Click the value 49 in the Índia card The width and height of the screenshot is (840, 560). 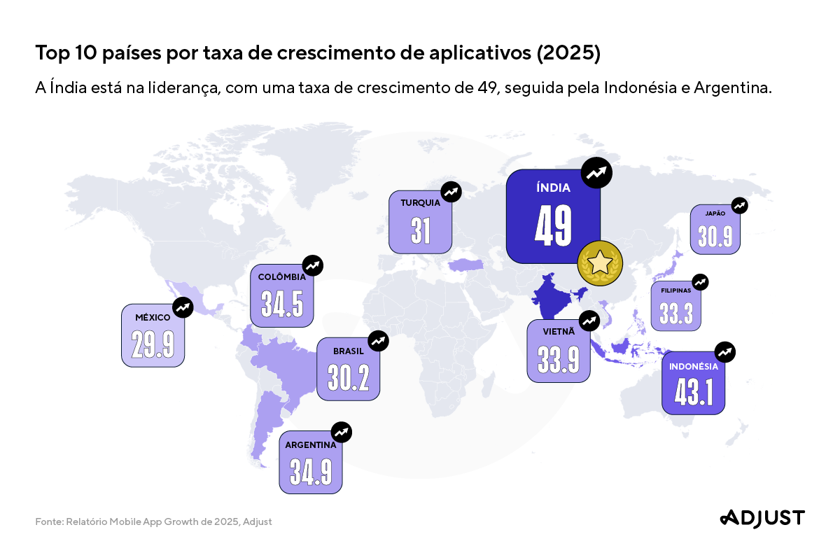[553, 225]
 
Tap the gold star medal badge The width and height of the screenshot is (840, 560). [600, 263]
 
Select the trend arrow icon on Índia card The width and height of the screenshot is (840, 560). [596, 173]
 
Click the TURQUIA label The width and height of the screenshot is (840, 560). [420, 203]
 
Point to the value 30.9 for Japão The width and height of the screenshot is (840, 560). [715, 237]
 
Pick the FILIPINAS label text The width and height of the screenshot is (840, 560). [675, 290]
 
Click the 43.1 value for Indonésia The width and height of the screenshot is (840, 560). [693, 393]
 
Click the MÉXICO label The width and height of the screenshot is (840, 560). [153, 318]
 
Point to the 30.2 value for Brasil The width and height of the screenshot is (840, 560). [348, 378]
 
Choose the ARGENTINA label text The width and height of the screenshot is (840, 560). [310, 444]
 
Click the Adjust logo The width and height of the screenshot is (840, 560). [762, 518]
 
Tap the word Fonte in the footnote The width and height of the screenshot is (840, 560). [48, 521]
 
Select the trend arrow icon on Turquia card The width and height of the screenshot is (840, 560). [451, 192]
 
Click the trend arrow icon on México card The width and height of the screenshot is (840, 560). [183, 307]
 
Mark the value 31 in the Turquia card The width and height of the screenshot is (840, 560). [420, 231]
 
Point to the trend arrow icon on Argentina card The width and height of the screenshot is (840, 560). [341, 432]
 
